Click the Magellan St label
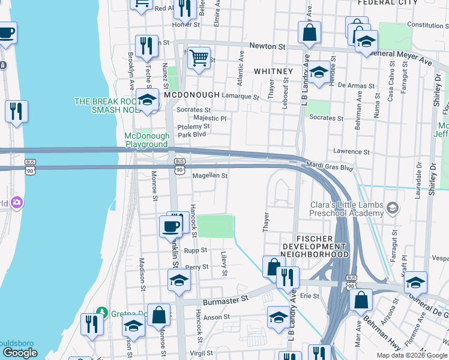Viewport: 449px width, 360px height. tap(210, 176)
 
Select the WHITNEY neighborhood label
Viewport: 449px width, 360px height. tap(273, 71)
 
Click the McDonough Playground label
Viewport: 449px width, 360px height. tap(146, 140)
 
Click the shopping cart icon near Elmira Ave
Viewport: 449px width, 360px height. tap(199, 58)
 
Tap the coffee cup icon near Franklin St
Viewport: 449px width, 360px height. tap(170, 227)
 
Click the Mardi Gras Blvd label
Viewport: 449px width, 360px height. tap(330, 168)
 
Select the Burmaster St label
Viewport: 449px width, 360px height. tap(225, 298)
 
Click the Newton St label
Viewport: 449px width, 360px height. tap(267, 46)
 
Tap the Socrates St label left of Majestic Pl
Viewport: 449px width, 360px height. tap(193, 110)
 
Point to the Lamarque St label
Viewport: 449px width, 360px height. tap(240, 96)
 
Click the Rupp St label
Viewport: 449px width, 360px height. tap(196, 250)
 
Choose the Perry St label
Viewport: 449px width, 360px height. tap(197, 267)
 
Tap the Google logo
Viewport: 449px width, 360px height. tap(20, 353)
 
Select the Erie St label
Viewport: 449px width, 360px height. tap(310, 296)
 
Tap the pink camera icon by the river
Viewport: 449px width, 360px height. tap(17, 203)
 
